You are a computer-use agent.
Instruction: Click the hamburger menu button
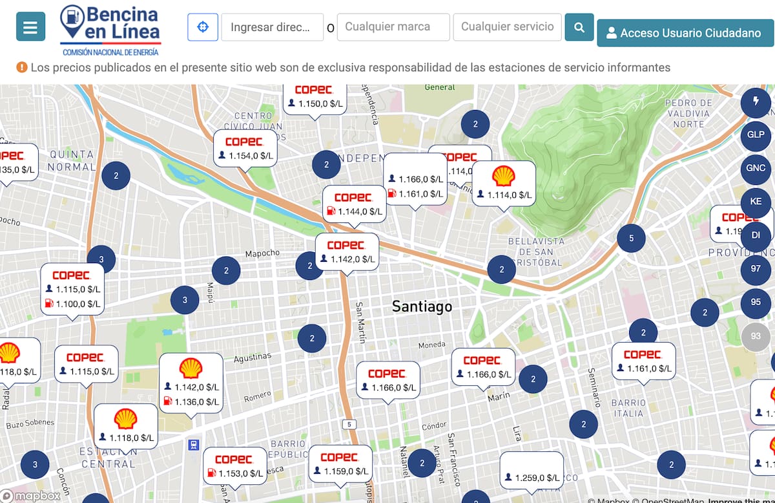point(30,27)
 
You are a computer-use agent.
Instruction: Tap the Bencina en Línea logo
point(110,30)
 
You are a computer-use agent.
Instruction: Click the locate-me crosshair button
point(203,27)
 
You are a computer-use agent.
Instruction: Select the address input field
point(272,27)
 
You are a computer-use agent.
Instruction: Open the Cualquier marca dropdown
point(393,27)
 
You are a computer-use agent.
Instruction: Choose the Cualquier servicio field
point(507,27)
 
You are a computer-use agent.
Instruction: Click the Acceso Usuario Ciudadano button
point(685,33)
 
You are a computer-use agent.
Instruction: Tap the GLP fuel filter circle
point(756,134)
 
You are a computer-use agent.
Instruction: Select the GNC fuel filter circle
point(756,168)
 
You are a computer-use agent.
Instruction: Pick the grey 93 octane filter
point(756,336)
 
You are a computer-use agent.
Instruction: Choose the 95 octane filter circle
point(756,303)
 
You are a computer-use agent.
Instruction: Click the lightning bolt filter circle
point(756,102)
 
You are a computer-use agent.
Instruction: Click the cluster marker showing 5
point(631,238)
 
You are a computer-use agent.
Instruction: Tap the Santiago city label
point(422,306)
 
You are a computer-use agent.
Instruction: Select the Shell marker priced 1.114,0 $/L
point(504,183)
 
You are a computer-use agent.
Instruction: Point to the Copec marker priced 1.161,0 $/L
point(643,361)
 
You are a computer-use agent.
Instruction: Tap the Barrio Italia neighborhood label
point(628,408)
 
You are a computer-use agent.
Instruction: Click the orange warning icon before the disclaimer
point(22,67)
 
